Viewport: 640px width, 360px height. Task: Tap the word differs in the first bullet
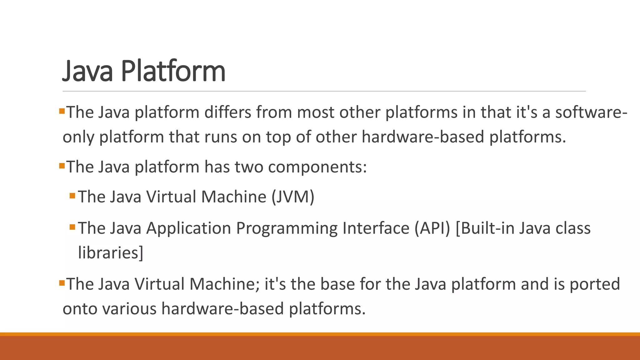(x=227, y=112)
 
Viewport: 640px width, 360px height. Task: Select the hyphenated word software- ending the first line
(x=591, y=112)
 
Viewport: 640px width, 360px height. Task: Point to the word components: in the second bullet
(x=317, y=167)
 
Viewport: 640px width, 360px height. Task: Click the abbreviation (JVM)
(x=293, y=197)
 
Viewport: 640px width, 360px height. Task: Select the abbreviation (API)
(x=432, y=228)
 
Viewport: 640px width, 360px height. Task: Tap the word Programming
(x=287, y=228)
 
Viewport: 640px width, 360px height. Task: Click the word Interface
(x=376, y=228)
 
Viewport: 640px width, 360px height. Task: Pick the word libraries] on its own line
(x=110, y=252)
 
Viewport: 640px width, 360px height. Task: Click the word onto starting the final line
(x=80, y=309)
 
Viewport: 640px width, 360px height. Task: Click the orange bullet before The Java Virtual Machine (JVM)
(x=72, y=196)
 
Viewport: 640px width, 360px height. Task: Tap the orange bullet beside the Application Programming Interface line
(x=72, y=227)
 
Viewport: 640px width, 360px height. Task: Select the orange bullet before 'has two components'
(x=62, y=165)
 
